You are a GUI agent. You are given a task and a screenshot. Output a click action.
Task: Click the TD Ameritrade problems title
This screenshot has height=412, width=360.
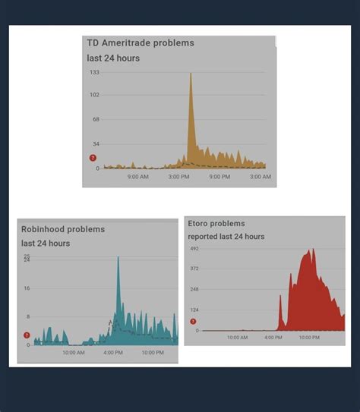[141, 43]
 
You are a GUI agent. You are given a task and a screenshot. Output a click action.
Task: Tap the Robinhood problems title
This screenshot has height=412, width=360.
[63, 228]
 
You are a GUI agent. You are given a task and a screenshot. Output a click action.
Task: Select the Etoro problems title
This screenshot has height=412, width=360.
[216, 224]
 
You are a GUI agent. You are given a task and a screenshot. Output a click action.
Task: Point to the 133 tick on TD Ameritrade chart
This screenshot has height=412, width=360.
[95, 73]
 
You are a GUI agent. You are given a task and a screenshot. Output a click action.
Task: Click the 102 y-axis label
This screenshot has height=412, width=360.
[95, 95]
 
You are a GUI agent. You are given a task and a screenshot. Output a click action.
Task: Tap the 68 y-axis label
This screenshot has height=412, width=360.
[96, 119]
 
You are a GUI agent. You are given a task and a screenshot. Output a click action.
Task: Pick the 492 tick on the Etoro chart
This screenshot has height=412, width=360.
[194, 249]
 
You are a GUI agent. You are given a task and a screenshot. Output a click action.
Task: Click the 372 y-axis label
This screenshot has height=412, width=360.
[194, 269]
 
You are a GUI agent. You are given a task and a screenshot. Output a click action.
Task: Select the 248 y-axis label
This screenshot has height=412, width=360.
[194, 289]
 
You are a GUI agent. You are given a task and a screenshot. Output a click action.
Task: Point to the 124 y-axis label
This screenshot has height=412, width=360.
[194, 310]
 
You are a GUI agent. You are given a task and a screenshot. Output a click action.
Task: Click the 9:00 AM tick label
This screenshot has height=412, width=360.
[138, 177]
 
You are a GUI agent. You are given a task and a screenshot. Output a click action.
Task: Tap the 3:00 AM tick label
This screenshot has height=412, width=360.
[260, 177]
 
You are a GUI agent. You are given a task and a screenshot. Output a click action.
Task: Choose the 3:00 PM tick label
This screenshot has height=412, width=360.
[178, 177]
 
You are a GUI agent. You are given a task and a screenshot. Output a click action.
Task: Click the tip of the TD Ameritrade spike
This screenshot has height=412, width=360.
[191, 74]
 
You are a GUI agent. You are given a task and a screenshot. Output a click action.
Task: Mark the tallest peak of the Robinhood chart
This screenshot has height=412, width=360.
[118, 257]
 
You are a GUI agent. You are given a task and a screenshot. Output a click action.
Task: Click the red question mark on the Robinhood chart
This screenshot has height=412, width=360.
[27, 335]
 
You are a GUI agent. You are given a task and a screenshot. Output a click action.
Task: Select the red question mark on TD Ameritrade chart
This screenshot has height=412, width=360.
[93, 158]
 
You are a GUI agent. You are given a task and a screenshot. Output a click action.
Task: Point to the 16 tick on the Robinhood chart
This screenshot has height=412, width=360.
[27, 288]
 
